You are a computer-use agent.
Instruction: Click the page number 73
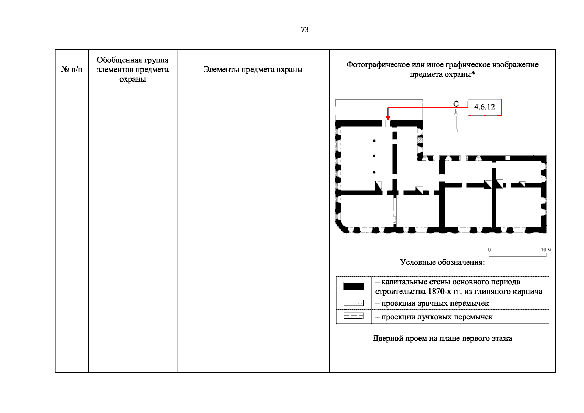pos(305,30)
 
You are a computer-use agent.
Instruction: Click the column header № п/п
pos(72,69)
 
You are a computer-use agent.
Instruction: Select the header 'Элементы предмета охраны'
pos(253,69)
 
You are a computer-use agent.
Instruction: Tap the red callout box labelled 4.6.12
pos(485,107)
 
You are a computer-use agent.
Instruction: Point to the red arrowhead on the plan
pos(388,118)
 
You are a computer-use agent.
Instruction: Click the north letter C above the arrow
pos(456,104)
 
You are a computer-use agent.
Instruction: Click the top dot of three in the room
pos(374,141)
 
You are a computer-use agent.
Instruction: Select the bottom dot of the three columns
pos(374,172)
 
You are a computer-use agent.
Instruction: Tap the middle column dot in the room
pos(374,156)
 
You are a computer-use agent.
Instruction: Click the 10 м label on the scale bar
pos(545,250)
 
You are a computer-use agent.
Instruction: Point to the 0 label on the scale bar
pos(489,250)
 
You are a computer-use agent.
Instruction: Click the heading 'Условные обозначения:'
pos(442,262)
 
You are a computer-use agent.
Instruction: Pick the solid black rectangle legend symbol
pos(354,286)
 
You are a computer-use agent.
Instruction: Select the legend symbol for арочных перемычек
pos(354,303)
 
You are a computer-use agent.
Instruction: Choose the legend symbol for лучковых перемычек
pos(354,316)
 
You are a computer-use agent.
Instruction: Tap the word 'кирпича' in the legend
pos(528,292)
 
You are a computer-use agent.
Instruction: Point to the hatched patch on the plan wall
pos(420,140)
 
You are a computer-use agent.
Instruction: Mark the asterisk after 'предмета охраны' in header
pos(473,73)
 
